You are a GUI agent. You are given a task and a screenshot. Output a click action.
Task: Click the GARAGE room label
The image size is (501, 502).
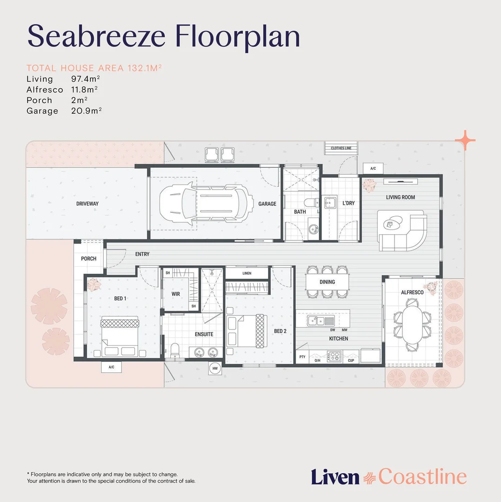click(267, 204)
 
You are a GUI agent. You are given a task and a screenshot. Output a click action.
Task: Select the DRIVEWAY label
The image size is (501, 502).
click(87, 204)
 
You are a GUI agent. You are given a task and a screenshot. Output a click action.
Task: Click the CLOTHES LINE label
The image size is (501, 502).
click(341, 148)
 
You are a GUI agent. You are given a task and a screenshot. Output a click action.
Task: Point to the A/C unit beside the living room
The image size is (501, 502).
click(373, 168)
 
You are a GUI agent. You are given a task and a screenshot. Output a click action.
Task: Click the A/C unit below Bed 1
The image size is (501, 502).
click(112, 367)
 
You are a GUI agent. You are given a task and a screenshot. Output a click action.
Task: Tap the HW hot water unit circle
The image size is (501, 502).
click(215, 368)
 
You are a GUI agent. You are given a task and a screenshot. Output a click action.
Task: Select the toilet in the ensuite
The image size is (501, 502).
click(175, 351)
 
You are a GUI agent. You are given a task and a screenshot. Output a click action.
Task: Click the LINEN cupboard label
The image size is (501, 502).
click(247, 273)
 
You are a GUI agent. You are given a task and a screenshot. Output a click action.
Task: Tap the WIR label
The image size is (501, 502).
click(176, 294)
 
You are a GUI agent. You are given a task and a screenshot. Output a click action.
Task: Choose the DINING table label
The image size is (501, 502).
click(327, 282)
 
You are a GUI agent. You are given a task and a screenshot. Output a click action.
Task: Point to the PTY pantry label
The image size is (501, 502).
click(302, 357)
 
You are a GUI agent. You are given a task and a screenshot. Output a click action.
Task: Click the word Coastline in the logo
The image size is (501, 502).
click(422, 477)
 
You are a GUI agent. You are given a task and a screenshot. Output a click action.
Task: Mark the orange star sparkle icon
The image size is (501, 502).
click(465, 140)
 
